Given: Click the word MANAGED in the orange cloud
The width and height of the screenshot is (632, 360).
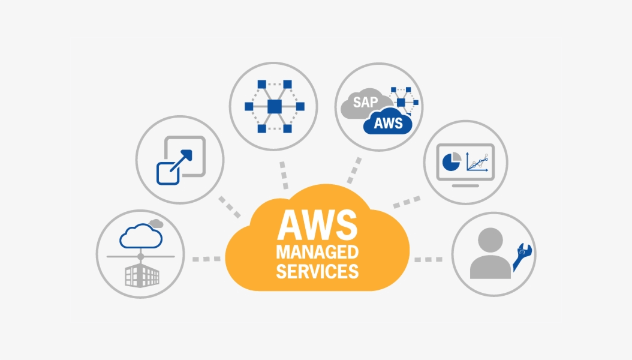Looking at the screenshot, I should [317, 252].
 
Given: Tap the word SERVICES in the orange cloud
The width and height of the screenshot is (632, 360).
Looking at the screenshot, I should [317, 271].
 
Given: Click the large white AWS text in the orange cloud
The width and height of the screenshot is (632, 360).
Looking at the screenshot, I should [317, 224].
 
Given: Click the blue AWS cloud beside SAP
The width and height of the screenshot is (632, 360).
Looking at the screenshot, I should [387, 124].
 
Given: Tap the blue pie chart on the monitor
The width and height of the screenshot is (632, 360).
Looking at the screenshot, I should [450, 161].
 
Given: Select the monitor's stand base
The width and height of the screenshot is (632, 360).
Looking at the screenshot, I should [465, 185].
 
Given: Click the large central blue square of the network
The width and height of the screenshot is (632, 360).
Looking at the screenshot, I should [275, 106].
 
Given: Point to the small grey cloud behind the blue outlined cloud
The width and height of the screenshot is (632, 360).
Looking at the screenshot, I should [157, 223].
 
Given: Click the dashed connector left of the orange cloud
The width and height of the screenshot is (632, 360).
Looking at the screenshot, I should [206, 259].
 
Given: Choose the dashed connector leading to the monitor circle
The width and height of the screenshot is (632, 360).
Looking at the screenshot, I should [407, 201].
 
